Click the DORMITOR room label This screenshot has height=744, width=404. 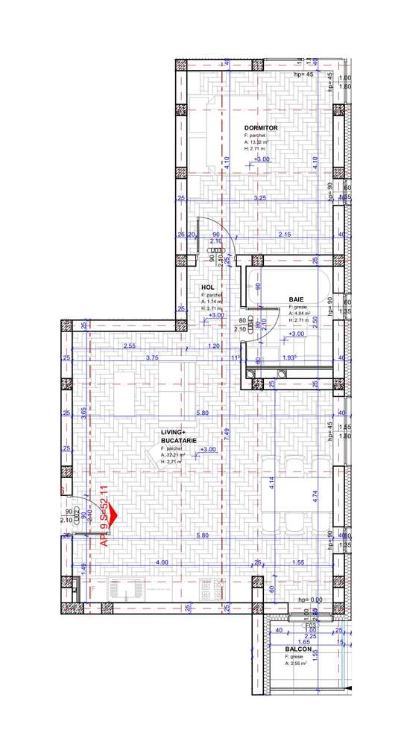261,128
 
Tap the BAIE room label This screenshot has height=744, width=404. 296,299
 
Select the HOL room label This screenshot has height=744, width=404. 208,287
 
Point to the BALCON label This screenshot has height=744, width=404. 298,649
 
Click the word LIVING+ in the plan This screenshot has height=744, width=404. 176,432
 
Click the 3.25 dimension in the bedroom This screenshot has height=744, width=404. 260,199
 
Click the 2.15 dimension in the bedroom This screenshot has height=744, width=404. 284,235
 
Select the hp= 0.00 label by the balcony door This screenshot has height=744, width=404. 309,600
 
